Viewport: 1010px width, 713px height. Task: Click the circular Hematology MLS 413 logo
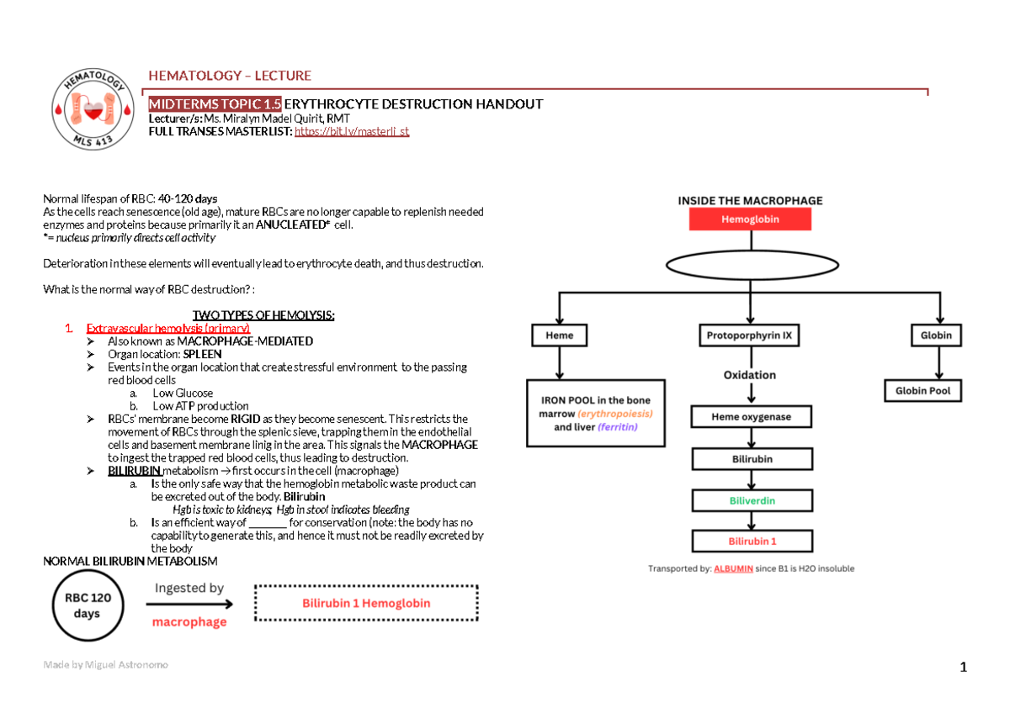click(93, 108)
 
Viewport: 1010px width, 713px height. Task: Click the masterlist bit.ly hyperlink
click(351, 132)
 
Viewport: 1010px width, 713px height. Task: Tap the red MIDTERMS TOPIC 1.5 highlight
click(215, 104)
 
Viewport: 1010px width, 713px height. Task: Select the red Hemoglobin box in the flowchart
click(750, 219)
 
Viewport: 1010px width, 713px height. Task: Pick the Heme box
click(560, 335)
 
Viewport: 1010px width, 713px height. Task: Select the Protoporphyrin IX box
click(750, 335)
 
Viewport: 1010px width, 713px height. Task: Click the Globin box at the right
click(936, 335)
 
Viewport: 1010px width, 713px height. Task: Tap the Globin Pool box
click(922, 391)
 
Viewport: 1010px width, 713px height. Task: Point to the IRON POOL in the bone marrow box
click(595, 414)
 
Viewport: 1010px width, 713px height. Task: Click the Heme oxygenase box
click(750, 416)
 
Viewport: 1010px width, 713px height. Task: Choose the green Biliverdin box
click(752, 500)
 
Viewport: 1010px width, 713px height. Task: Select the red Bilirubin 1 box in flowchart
click(752, 541)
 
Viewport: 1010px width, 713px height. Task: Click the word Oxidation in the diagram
click(750, 375)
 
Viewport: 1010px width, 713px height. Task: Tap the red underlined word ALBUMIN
click(732, 569)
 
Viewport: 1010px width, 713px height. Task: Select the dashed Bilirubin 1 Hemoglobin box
click(366, 603)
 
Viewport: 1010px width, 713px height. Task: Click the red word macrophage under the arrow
click(189, 622)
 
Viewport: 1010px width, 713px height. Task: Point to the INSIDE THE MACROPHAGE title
click(750, 200)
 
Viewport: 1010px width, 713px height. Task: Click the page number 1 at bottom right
click(964, 668)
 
